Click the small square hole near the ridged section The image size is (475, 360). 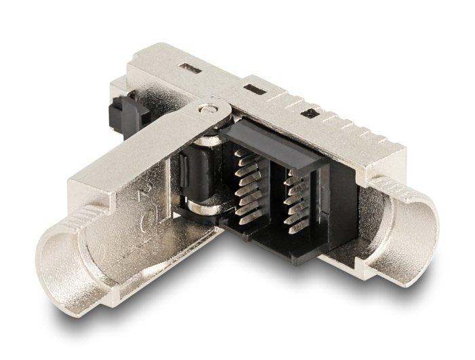coord(311,113)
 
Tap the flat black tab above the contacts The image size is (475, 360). coord(285,150)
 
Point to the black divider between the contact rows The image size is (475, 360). coord(270,197)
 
